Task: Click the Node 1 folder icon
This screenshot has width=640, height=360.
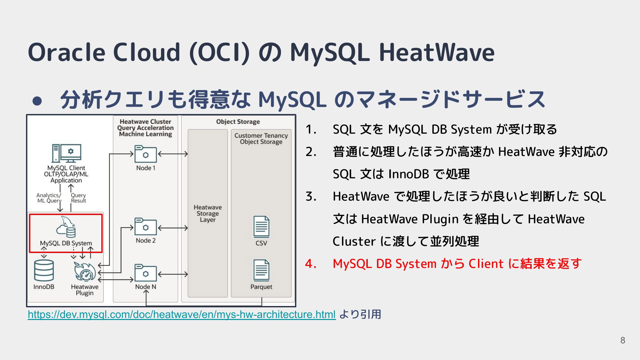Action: [x=145, y=154]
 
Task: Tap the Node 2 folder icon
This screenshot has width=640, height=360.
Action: [x=145, y=226]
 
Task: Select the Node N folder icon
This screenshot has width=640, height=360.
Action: [x=145, y=273]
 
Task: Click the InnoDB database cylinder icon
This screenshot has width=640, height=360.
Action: [x=44, y=270]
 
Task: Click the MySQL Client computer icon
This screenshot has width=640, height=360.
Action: [x=66, y=153]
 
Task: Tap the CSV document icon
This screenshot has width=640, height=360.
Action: [x=261, y=227]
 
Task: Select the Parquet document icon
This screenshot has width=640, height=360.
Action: [x=261, y=270]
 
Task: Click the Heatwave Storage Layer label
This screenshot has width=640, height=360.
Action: [x=208, y=213]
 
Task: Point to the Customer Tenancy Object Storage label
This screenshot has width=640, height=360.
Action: [x=261, y=139]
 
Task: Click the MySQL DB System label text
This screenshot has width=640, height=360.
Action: [x=66, y=243]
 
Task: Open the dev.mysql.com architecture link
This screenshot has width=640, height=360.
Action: [x=182, y=314]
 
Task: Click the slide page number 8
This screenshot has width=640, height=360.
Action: [x=623, y=340]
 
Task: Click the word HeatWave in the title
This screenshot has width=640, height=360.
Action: [x=437, y=52]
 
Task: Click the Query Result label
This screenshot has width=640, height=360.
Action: [x=78, y=198]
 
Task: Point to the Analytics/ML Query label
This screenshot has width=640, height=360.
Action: [x=49, y=198]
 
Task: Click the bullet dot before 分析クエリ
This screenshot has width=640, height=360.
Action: [x=37, y=101]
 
